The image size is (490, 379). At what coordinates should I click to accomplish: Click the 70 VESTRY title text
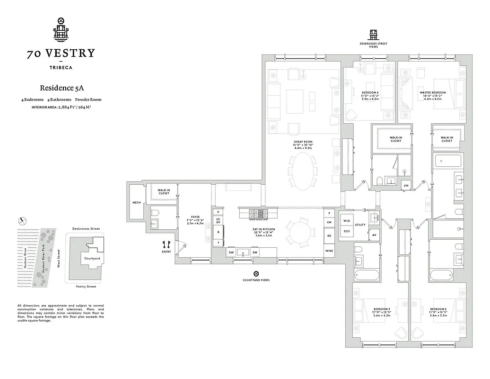[x=61, y=53]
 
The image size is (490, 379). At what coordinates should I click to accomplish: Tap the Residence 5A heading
[x=61, y=88]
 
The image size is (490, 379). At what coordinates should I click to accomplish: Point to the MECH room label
[x=137, y=203]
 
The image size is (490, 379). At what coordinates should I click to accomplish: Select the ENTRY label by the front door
[x=166, y=252]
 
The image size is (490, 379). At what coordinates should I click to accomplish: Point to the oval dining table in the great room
[x=304, y=171]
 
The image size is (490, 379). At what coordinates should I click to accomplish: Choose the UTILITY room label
[x=360, y=225]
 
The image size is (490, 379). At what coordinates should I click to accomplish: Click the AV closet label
[x=374, y=235]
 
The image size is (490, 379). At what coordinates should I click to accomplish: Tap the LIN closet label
[x=406, y=184]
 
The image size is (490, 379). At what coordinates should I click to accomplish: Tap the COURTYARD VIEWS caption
[x=256, y=280]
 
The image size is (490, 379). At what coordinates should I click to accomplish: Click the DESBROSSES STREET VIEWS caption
[x=374, y=45]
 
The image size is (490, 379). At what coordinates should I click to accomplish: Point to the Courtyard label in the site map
[x=91, y=259]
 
